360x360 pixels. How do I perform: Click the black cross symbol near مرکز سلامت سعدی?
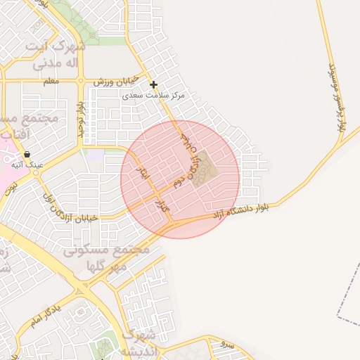coord(153,85)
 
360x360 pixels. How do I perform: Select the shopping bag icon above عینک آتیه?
coord(27,154)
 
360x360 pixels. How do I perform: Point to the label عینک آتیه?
coord(27,165)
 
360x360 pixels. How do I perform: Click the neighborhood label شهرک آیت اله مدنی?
coord(55,54)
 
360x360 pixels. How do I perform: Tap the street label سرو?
coord(226,345)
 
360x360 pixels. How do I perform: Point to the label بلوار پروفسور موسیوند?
coord(336,98)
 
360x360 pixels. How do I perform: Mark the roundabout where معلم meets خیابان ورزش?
coord(83,82)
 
